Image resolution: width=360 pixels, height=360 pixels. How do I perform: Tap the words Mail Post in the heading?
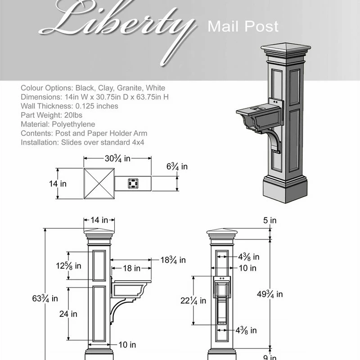243,27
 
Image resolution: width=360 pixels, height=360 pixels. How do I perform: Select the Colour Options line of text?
93,88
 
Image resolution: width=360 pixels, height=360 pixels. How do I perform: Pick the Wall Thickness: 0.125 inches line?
69,106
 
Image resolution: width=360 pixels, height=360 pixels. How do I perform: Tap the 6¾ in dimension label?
177,167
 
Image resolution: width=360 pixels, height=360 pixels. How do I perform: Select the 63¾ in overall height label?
45,298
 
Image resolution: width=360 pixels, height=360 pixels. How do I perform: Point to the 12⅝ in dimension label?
68,265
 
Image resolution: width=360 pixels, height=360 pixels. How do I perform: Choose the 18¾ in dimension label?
173,260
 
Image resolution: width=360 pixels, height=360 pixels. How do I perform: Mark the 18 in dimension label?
130,268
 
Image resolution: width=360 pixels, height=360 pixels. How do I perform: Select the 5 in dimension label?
270,220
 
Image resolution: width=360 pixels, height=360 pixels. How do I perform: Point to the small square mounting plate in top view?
132,183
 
